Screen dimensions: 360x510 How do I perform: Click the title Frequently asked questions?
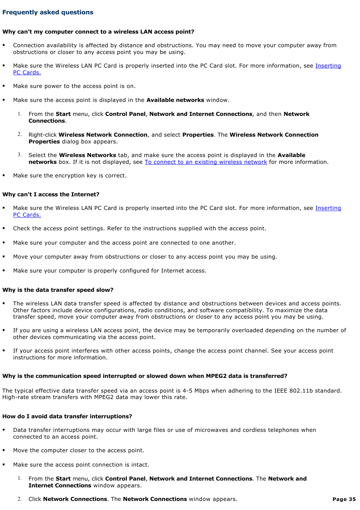coord(48,12)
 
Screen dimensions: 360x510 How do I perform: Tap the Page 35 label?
coord(344,499)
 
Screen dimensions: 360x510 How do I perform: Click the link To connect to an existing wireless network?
coord(206,162)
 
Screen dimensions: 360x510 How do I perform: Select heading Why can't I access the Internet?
coord(51,194)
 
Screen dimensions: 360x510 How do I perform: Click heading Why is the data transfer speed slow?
coord(58,290)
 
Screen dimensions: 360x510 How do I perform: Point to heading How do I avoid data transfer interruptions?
coord(67,416)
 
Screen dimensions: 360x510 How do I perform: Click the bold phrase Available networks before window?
coord(175,100)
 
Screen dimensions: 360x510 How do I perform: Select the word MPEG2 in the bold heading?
coord(216,376)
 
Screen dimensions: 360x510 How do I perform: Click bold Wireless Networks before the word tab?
coord(88,155)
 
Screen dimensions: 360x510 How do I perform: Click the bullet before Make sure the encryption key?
coord(4,175)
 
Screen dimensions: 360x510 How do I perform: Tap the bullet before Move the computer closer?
coord(4,450)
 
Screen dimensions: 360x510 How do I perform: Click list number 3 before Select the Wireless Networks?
coord(20,155)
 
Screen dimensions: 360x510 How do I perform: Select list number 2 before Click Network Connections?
coord(20,499)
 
